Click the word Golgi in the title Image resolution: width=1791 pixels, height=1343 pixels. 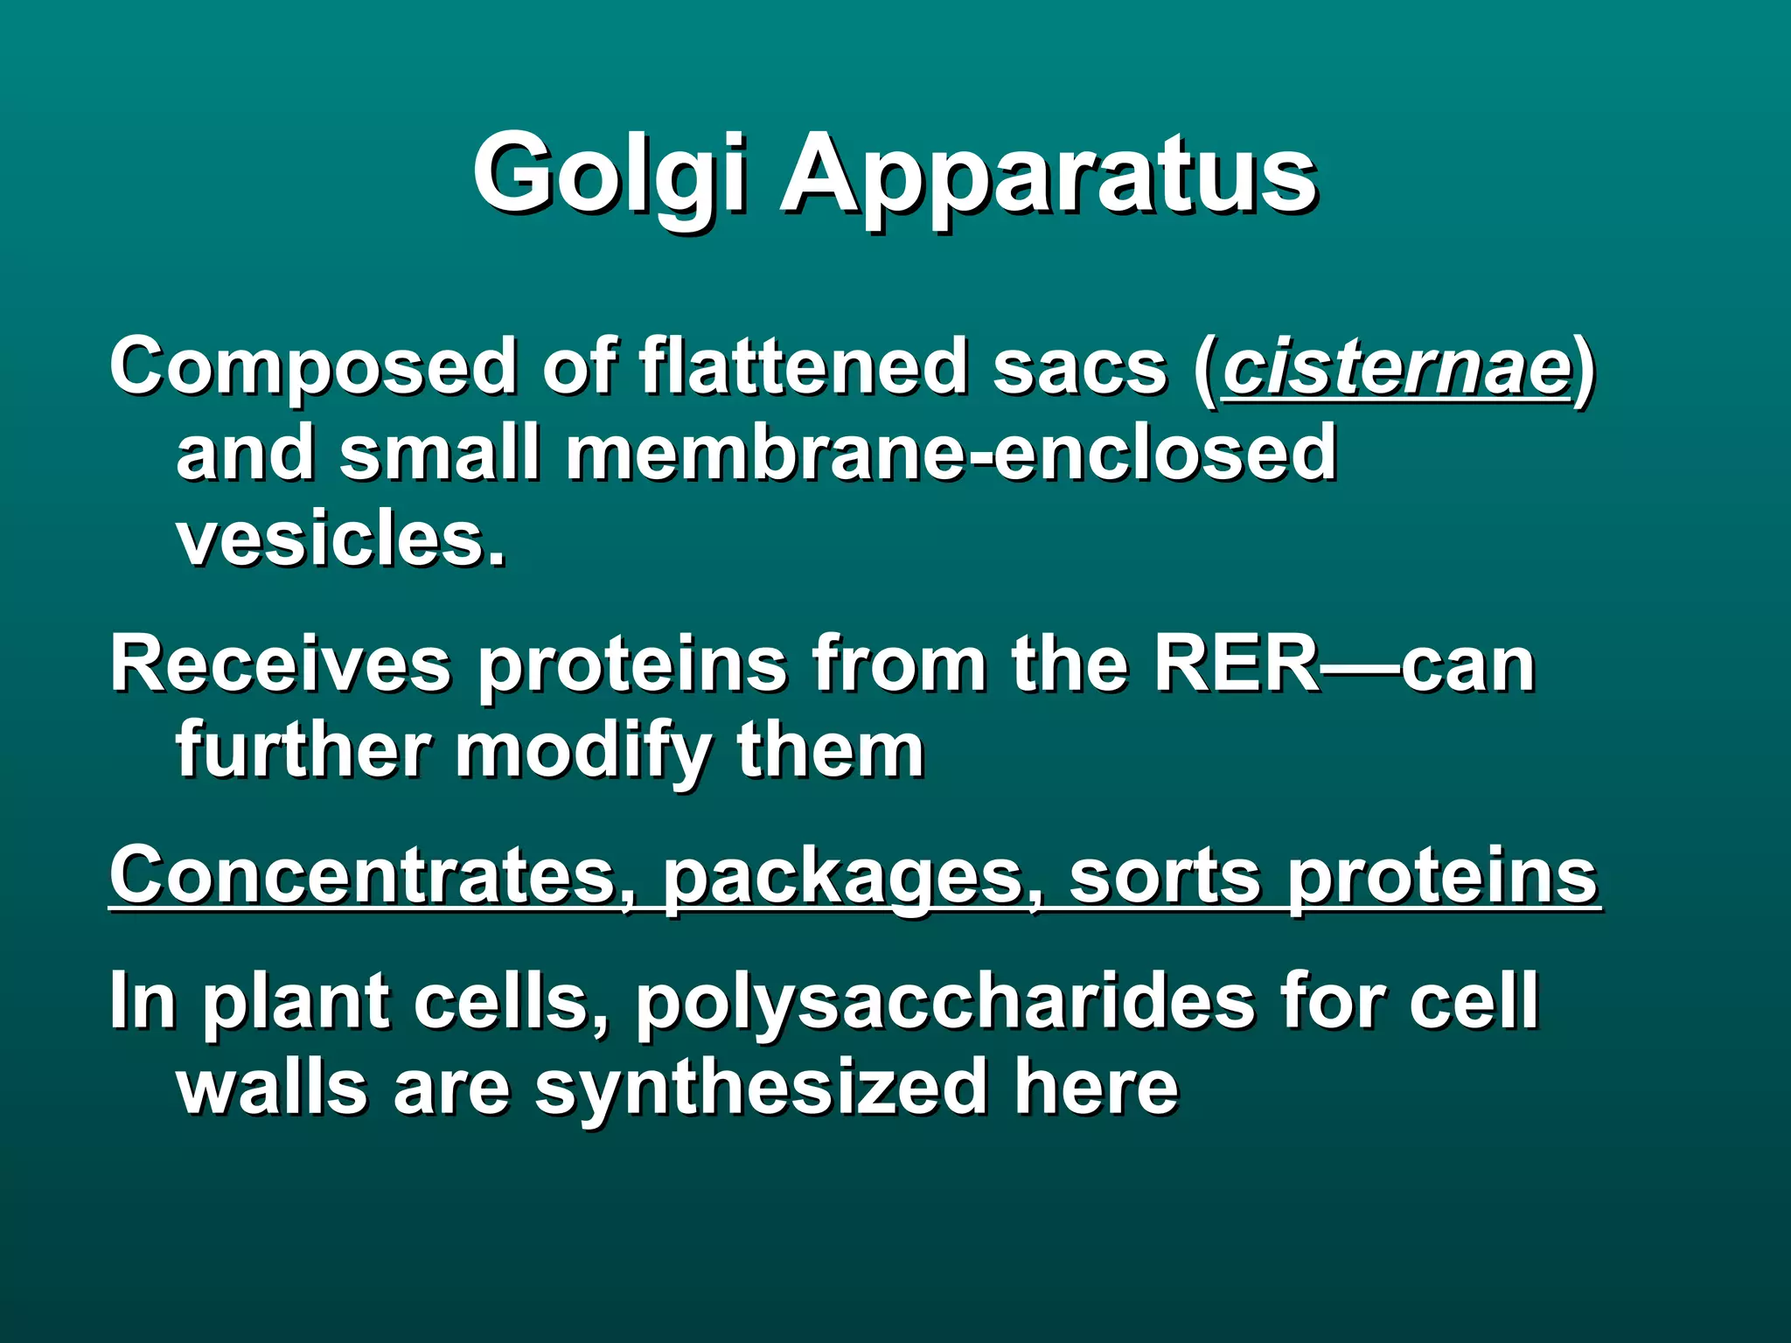click(x=610, y=175)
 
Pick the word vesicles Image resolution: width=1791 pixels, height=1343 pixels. click(x=341, y=539)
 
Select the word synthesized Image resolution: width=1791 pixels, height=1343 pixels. click(x=761, y=1089)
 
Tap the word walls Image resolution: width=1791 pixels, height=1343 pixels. click(x=272, y=1088)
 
